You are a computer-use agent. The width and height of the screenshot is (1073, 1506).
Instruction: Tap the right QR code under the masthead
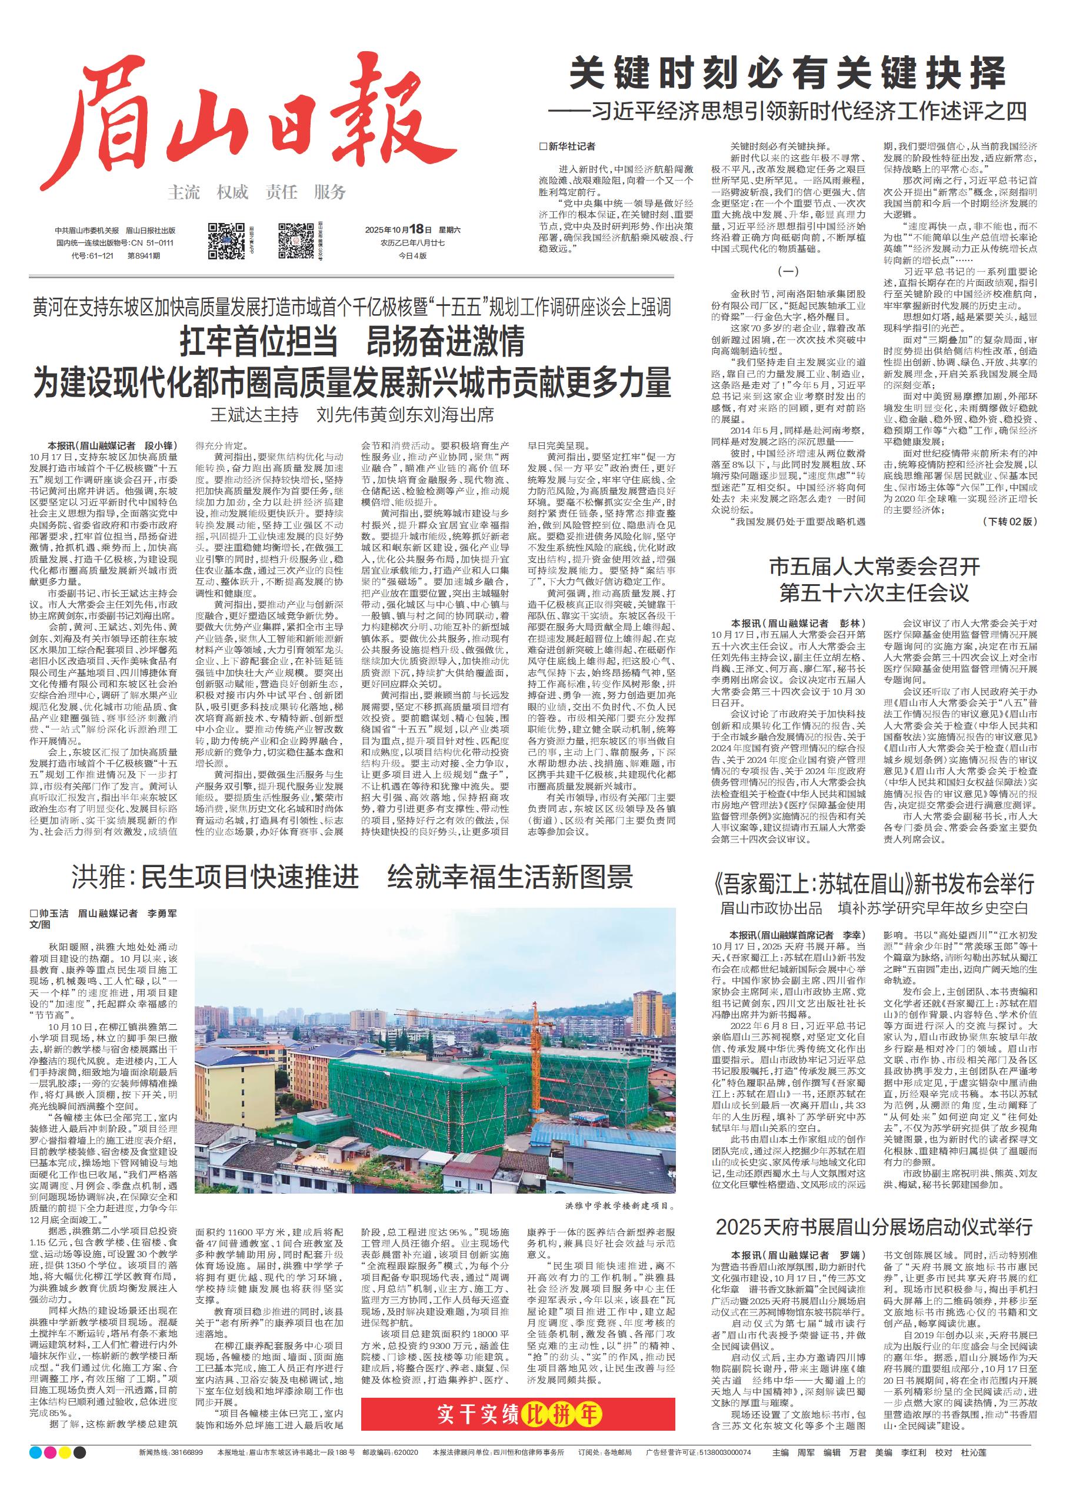295,241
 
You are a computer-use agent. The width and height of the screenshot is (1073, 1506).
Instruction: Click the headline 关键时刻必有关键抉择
788,73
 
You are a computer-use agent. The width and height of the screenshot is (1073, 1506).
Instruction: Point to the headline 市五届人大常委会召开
874,567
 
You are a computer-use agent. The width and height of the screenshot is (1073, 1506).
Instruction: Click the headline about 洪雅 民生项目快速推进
352,877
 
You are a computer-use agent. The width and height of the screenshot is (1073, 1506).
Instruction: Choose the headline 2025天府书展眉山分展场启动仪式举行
874,1227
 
